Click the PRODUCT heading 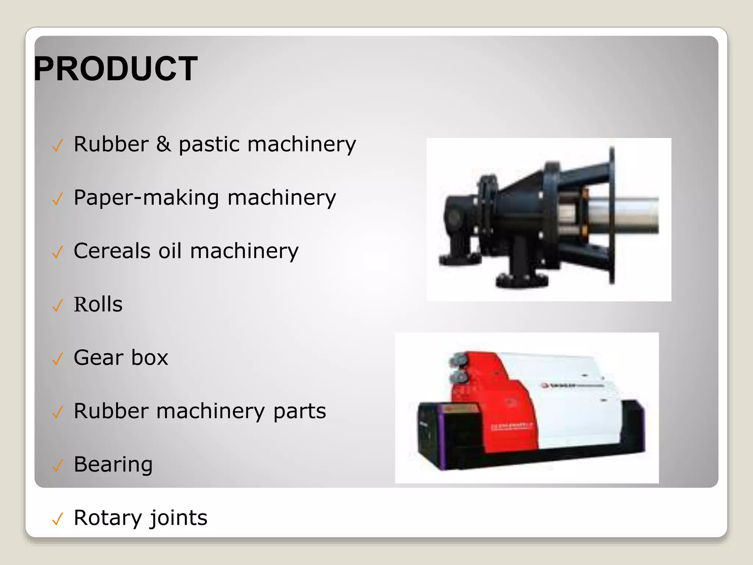[116, 69]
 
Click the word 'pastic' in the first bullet [209, 144]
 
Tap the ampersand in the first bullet [163, 144]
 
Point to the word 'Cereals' [112, 251]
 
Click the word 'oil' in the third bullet [170, 251]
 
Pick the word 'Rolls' [98, 304]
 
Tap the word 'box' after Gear [150, 358]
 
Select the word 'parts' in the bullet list [299, 411]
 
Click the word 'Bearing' [113, 465]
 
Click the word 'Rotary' [108, 518]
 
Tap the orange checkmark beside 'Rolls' [58, 305]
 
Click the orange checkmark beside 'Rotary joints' [58, 519]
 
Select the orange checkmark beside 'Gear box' [58, 359]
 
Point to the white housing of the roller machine [574, 416]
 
